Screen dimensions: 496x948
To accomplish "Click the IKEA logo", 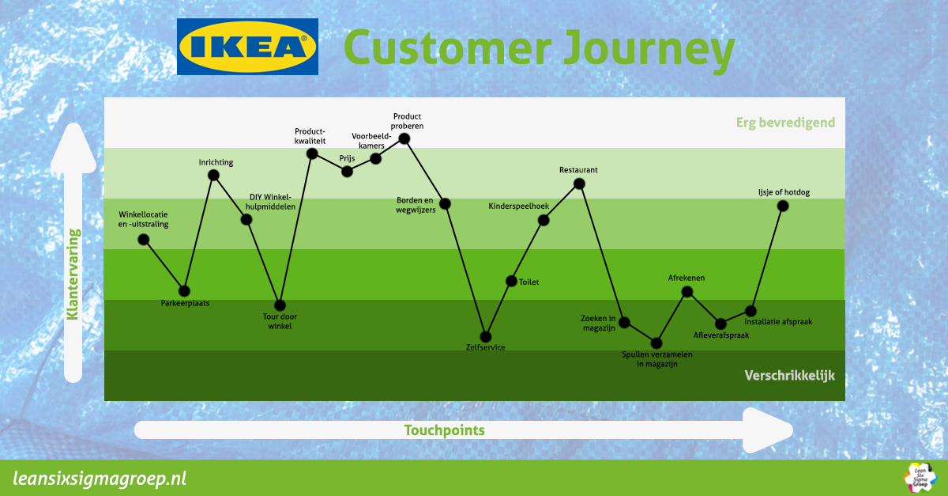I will click(x=247, y=47).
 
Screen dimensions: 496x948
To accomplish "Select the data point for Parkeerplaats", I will click(x=184, y=290).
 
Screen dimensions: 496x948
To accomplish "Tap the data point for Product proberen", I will click(x=404, y=138).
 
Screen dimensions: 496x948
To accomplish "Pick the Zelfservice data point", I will click(x=486, y=336).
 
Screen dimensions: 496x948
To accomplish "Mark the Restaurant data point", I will click(x=579, y=184).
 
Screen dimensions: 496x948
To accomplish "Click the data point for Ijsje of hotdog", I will click(x=783, y=206).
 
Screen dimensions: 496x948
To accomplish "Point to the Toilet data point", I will click(x=511, y=281).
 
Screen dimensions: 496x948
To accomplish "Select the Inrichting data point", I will click(x=213, y=175).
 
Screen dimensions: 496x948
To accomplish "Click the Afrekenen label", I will click(x=687, y=278).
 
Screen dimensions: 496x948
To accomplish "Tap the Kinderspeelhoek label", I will click(x=518, y=206).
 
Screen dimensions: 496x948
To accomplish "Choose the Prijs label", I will click(x=348, y=158).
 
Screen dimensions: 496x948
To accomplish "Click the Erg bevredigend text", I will click(x=784, y=123).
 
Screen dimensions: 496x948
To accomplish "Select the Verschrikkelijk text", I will click(x=789, y=376).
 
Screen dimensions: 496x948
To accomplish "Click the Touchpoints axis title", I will click(x=444, y=430).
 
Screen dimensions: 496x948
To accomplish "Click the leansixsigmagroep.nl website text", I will click(x=100, y=479).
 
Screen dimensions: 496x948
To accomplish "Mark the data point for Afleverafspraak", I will click(x=720, y=324).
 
